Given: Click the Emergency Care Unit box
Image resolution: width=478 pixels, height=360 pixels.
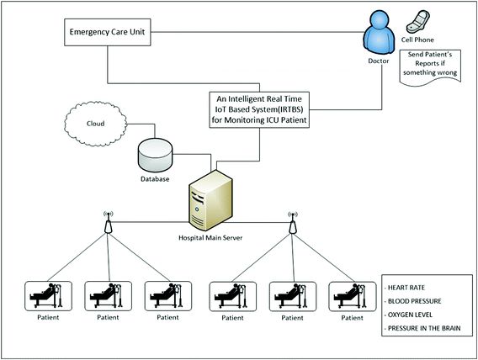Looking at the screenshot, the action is point(108,32).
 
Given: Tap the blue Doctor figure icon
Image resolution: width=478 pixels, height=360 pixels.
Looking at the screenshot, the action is point(379,33).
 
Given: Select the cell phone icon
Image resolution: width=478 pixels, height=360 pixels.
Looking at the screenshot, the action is point(417,21).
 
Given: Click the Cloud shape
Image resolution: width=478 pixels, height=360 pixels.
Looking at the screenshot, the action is point(95,124).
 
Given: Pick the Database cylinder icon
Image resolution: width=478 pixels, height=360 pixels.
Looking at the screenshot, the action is point(155,156).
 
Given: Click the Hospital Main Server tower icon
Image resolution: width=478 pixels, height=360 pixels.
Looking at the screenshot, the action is point(210,200).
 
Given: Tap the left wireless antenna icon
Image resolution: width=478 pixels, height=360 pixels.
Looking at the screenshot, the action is point(108,222).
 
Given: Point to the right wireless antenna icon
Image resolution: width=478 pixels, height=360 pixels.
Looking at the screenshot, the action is point(293,222).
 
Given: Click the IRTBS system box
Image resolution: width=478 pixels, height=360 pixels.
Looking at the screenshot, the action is point(259,109).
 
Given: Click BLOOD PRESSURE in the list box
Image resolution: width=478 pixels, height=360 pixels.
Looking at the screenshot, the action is point(414,301).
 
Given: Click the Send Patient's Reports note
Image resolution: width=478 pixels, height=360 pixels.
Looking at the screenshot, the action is point(430,66).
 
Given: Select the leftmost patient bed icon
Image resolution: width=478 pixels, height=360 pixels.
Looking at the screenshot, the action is point(48,296).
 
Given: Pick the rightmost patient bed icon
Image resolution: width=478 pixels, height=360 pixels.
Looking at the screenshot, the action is point(352,297).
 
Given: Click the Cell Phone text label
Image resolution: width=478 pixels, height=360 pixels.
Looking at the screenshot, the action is point(417,40).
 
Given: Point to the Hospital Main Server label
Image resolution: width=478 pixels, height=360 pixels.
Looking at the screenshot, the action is point(210,237).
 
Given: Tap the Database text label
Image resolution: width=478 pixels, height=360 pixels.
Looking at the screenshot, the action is point(155,179).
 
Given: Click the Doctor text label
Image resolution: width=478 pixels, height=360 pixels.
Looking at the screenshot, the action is point(379,61).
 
